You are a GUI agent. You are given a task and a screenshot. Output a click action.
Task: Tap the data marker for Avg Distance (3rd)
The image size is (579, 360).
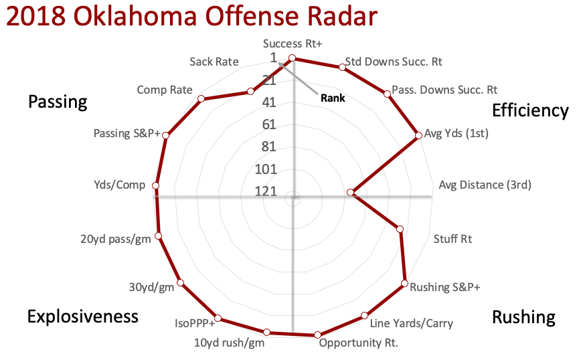pos(350,193)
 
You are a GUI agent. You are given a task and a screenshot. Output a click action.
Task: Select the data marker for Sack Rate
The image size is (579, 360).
pos(250,92)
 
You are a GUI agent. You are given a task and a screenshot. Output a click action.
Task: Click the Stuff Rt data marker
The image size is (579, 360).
pos(400,230)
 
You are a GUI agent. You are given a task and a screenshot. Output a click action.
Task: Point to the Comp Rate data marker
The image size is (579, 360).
pos(201,100)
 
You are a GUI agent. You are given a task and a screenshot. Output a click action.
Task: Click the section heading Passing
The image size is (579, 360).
pos(58,102)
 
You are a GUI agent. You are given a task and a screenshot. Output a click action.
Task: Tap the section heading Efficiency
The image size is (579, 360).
pos(529,110)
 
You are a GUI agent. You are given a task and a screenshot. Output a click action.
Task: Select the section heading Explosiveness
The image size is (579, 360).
pos(82,317)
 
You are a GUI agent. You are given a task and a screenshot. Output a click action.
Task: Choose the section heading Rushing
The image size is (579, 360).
pos(523,317)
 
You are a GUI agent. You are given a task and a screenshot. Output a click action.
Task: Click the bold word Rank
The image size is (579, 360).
pos(333,98)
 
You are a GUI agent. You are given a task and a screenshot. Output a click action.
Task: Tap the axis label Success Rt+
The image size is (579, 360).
pos(293,44)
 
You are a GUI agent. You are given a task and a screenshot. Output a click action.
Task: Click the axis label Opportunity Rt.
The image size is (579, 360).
pos(358,344)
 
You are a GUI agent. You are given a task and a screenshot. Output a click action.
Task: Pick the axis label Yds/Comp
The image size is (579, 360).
pos(121,185)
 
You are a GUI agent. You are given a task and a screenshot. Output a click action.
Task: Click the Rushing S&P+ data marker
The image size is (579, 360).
pos(405,284)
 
